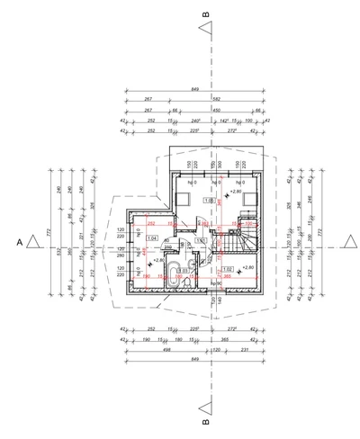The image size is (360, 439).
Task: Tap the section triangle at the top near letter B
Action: pyautogui.click(x=206, y=33)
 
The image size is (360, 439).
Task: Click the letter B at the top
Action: pyautogui.click(x=206, y=15)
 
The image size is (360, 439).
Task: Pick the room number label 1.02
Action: pyautogui.click(x=228, y=269)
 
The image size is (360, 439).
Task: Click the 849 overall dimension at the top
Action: pyautogui.click(x=195, y=89)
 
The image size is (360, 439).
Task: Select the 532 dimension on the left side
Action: pyautogui.click(x=58, y=254)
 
